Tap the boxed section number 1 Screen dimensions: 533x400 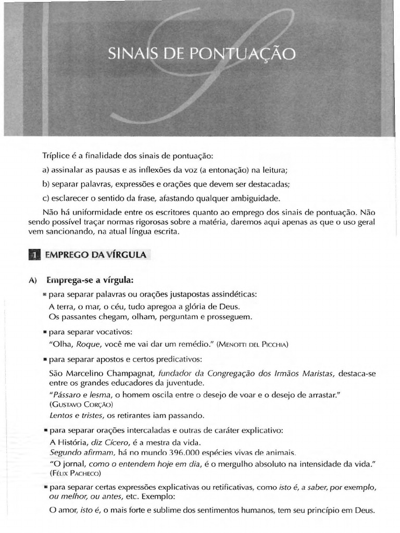(34, 255)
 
